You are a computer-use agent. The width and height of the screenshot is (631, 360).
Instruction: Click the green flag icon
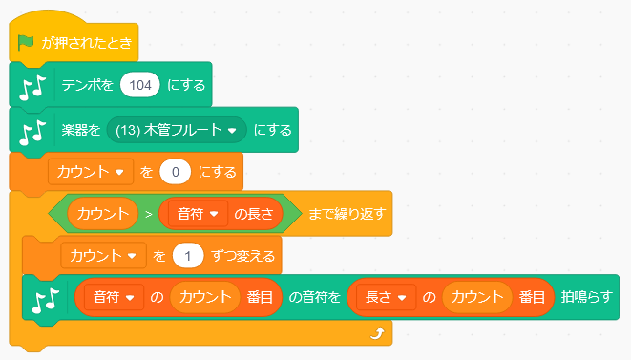click(26, 43)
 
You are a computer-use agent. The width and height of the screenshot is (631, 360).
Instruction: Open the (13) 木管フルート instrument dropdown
click(178, 129)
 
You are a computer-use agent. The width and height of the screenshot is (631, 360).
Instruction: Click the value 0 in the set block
click(177, 173)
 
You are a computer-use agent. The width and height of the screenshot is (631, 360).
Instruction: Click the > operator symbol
click(148, 213)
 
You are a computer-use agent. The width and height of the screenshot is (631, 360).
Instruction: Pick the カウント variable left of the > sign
click(103, 213)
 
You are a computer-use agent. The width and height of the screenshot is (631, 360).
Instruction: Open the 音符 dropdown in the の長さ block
click(198, 213)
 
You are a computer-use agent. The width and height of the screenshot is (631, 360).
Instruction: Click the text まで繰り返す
click(345, 213)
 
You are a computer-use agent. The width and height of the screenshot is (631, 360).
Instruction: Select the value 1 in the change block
click(190, 256)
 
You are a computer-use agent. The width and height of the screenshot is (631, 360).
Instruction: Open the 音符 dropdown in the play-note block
click(114, 298)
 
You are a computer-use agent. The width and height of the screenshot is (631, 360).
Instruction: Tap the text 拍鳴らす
click(587, 298)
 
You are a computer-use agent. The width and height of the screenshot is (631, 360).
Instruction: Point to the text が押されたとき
click(86, 43)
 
